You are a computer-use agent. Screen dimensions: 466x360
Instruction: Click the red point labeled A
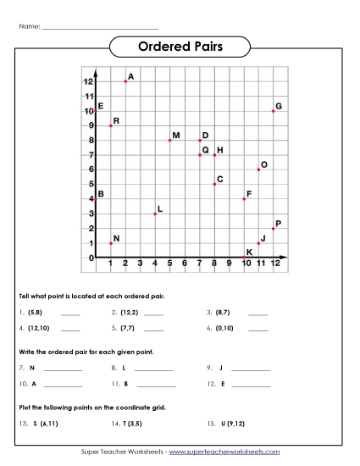pos(125,81)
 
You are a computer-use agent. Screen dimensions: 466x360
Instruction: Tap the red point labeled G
pos(273,111)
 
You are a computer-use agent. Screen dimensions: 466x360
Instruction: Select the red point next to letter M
pos(169,140)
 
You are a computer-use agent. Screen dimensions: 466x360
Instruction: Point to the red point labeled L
pos(155,214)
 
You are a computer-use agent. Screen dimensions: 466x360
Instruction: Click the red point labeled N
pos(111,243)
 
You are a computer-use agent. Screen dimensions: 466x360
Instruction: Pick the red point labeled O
pos(258,169)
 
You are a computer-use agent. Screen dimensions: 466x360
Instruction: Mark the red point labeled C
pos(214,184)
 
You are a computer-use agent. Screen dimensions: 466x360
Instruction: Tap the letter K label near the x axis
pos(249,252)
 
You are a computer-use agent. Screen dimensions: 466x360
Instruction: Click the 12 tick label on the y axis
pos(88,81)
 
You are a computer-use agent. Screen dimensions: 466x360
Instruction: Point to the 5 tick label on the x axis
pos(169,264)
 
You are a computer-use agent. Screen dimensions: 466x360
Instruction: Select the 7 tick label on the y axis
pos(91,155)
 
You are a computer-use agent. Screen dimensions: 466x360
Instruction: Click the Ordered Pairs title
pos(180,47)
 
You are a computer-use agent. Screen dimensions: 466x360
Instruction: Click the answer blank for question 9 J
pos(251,370)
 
